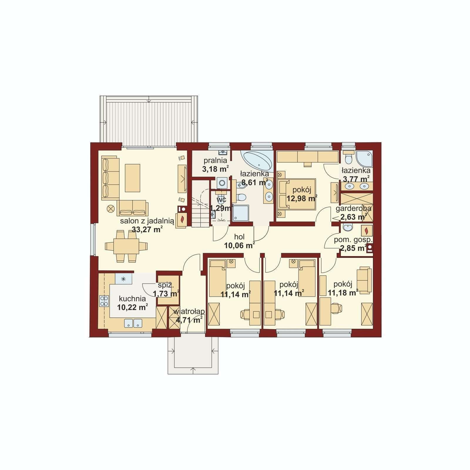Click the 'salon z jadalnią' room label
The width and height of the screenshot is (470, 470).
147,221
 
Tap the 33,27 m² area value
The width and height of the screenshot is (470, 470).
147,229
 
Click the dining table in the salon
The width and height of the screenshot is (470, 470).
126,246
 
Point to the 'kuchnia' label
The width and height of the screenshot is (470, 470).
132,299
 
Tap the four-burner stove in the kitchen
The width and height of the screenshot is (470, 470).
104,301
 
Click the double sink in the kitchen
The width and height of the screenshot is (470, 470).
133,323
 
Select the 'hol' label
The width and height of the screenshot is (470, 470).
239,237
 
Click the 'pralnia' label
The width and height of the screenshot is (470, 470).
215,161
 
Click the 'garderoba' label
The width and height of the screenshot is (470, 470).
353,209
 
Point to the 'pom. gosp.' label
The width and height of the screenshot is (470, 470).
353,240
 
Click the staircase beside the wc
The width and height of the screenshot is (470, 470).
201,204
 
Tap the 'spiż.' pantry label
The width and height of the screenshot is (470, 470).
164,285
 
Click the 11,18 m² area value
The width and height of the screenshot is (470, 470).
343,293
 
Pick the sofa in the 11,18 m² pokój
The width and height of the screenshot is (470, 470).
364,280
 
